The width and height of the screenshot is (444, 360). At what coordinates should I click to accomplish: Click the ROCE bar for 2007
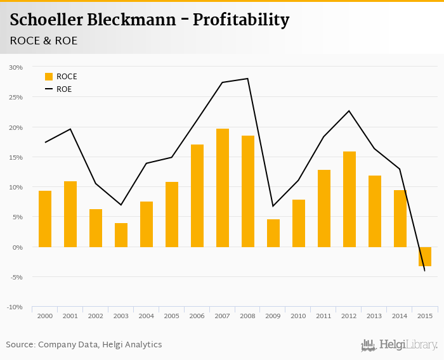[223, 188]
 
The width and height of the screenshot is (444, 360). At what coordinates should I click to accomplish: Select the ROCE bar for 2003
[121, 235]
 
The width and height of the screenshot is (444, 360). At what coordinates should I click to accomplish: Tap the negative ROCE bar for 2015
[425, 256]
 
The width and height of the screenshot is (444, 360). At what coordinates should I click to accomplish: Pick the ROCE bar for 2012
[349, 199]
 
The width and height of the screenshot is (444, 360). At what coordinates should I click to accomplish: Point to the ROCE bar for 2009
[273, 233]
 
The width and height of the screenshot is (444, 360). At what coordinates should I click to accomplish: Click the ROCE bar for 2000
[45, 219]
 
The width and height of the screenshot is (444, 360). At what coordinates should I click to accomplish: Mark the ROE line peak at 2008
[247, 79]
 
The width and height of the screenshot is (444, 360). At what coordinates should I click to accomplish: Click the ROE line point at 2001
[70, 129]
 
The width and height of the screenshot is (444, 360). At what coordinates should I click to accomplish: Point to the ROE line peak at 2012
[349, 111]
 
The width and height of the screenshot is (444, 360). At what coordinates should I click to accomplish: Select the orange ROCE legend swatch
[49, 77]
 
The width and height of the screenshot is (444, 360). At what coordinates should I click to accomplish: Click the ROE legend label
[64, 89]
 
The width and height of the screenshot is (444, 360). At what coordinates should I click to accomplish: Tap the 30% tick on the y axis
[16, 67]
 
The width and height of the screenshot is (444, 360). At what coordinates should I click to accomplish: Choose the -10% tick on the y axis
[15, 307]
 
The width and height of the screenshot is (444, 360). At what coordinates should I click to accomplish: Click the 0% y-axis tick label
[17, 247]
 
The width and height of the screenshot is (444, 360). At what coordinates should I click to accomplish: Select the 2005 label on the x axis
[172, 316]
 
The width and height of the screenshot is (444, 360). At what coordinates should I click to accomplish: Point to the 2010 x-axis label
[299, 316]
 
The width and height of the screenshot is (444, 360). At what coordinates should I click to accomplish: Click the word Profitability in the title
[241, 20]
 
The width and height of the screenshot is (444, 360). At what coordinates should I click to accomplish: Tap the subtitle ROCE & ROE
[44, 41]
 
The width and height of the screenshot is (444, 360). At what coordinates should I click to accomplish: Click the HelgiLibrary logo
[400, 345]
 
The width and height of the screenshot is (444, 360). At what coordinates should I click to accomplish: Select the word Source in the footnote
[20, 345]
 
